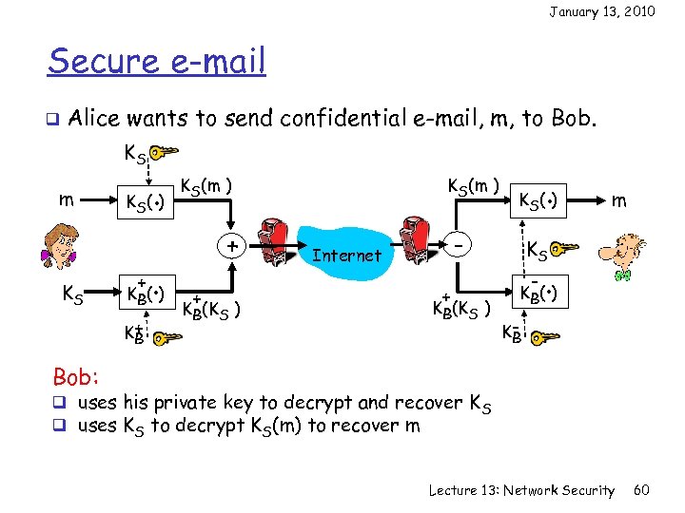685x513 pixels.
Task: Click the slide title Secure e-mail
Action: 157,63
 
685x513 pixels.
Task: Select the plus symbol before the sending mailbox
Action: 231,245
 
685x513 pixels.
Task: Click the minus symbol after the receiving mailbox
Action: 459,245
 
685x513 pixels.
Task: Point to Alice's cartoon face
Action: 58,249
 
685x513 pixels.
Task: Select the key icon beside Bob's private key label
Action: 544,337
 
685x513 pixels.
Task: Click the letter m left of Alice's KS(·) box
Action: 63,199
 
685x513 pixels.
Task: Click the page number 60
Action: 641,490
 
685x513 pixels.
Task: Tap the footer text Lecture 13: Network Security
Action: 521,490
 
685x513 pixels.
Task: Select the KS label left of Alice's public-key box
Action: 73,294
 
